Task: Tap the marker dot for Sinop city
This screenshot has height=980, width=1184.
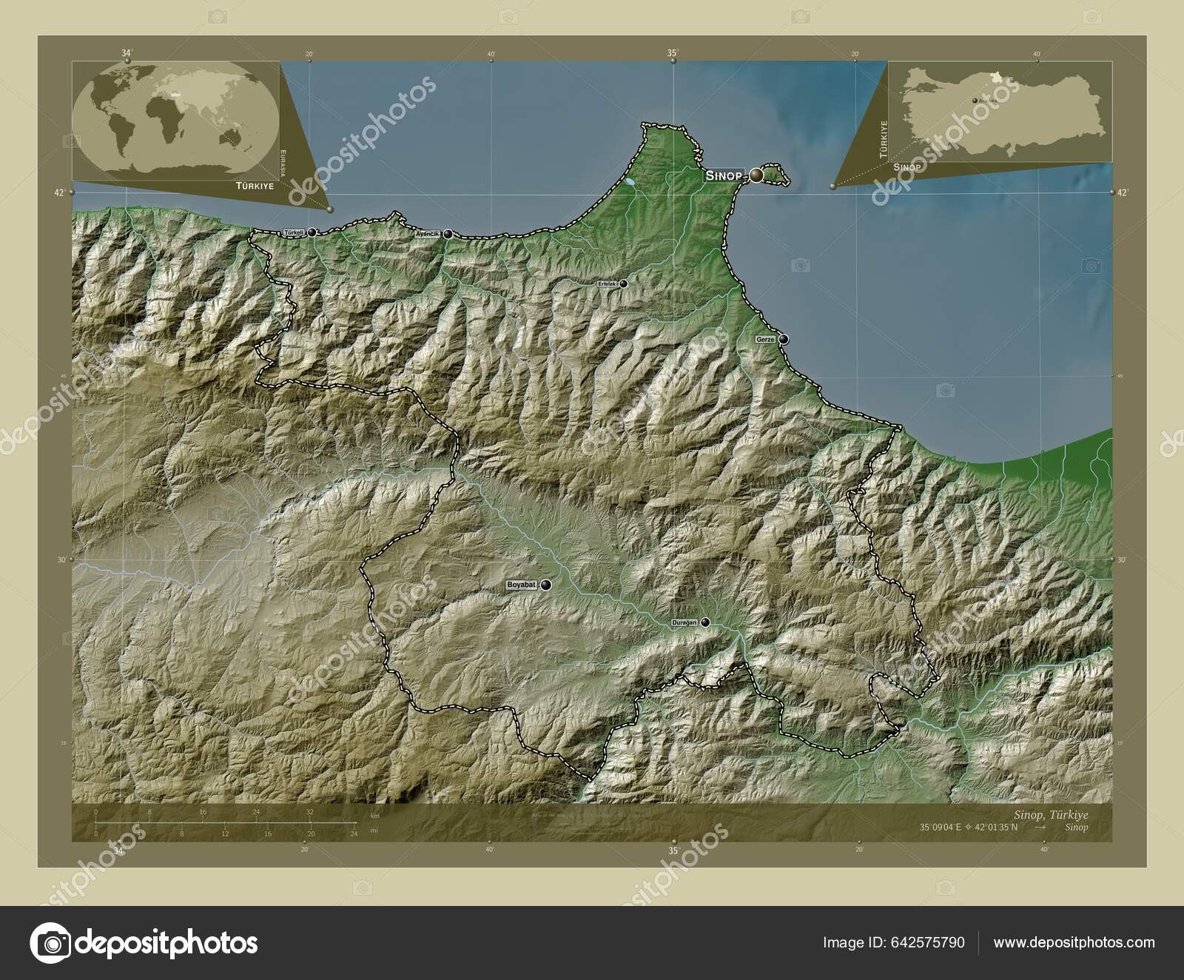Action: (x=756, y=175)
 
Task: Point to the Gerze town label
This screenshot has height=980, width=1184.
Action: (x=764, y=339)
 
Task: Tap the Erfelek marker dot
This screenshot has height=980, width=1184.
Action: (x=624, y=283)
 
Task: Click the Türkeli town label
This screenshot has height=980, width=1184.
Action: (x=294, y=232)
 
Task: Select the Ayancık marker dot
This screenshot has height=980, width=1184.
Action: (x=448, y=234)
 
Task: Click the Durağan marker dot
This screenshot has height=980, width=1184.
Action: (x=705, y=622)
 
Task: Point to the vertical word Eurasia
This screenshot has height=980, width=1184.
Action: (x=281, y=164)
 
